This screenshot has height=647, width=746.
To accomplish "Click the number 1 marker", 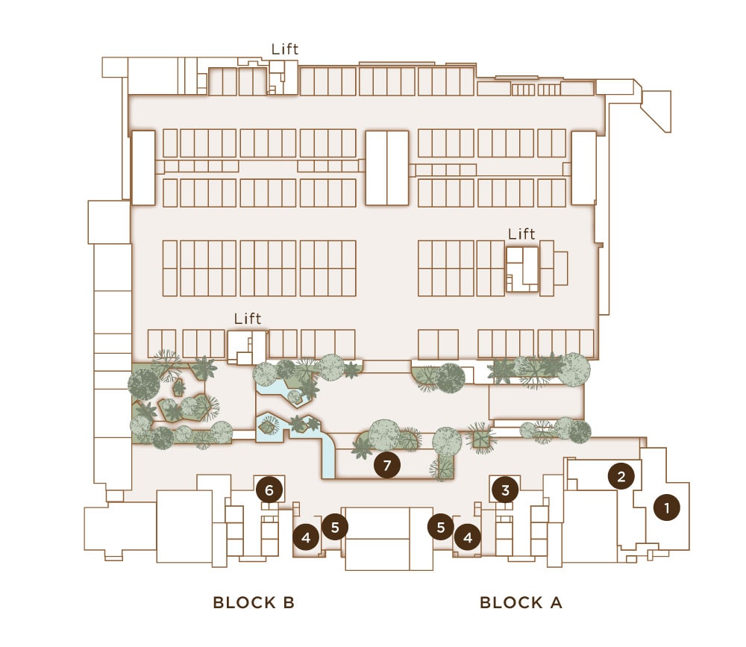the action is pyautogui.click(x=666, y=507).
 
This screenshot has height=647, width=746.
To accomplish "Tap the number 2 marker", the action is pyautogui.click(x=621, y=475).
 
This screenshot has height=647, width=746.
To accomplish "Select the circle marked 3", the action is pyautogui.click(x=505, y=490).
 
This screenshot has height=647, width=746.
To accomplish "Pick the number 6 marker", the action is pyautogui.click(x=269, y=490).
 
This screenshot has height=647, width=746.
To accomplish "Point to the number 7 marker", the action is pyautogui.click(x=386, y=465).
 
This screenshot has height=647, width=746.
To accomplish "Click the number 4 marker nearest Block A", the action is pyautogui.click(x=468, y=537).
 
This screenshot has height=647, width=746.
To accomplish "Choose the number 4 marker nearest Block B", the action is pyautogui.click(x=306, y=537).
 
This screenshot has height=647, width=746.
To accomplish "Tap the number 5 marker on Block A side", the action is pyautogui.click(x=441, y=527).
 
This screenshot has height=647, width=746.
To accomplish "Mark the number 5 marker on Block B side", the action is pyautogui.click(x=335, y=527).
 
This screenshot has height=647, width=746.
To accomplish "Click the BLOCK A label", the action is pyautogui.click(x=521, y=602).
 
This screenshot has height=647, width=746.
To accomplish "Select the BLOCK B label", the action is pyautogui.click(x=254, y=602).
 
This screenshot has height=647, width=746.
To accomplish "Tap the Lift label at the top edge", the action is pyautogui.click(x=284, y=49).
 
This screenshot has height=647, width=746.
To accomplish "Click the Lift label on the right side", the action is pyautogui.click(x=521, y=234).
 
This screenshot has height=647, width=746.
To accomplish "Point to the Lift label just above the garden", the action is pyautogui.click(x=248, y=319).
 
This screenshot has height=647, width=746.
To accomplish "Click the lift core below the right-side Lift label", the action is pyautogui.click(x=522, y=269).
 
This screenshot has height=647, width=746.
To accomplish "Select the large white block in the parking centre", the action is pyautogui.click(x=386, y=168).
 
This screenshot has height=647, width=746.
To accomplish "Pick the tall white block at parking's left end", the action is pyautogui.click(x=143, y=168).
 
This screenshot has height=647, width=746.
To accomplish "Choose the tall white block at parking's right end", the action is pyautogui.click(x=584, y=168).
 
